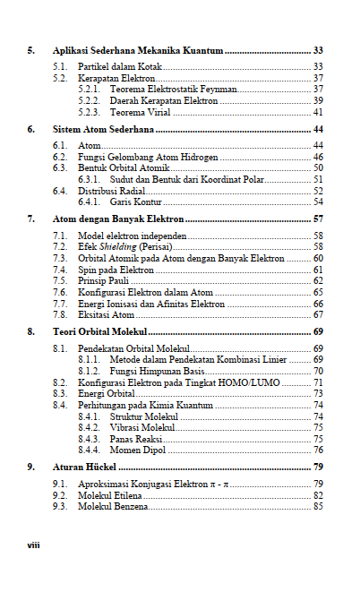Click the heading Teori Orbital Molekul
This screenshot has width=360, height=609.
99,332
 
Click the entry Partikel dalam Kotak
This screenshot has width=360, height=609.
112,67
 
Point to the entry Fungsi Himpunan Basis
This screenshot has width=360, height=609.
157,371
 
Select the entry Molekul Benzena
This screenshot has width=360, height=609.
113,507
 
